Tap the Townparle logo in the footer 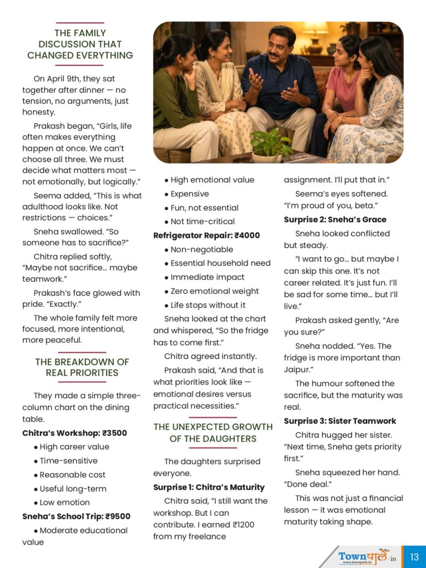(x=364, y=556)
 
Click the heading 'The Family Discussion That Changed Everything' (x=80, y=44)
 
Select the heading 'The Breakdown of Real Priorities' (x=82, y=367)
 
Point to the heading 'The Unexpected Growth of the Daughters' (x=213, y=433)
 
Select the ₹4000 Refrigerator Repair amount (x=247, y=235)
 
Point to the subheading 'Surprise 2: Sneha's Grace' (x=335, y=220)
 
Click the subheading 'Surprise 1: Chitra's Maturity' (x=209, y=487)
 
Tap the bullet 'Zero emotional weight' (x=215, y=291)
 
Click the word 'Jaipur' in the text (x=298, y=369)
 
